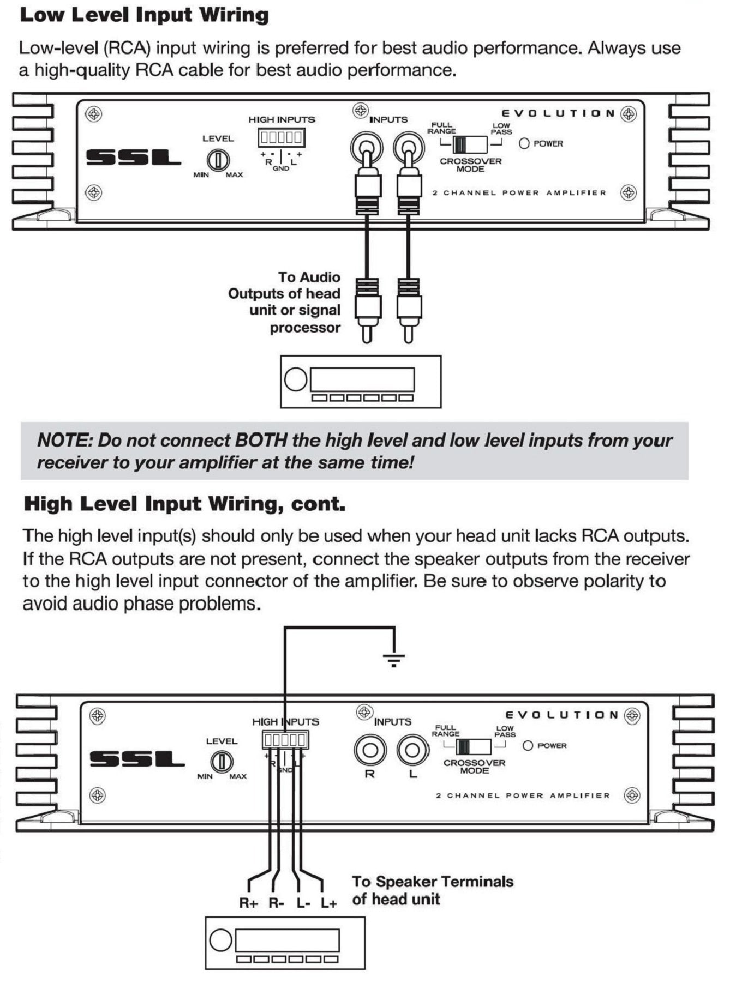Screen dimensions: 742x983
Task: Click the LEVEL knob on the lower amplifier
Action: click(x=222, y=762)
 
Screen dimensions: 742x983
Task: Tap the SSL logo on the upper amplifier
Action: click(x=133, y=158)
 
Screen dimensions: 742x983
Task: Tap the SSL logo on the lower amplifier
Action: click(x=137, y=759)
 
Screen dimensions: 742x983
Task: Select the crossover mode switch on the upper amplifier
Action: click(x=470, y=144)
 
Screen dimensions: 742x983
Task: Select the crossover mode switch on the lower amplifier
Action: click(x=474, y=746)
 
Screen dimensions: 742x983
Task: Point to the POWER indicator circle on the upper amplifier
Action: click(x=524, y=143)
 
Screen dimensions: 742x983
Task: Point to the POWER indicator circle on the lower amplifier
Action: click(x=528, y=745)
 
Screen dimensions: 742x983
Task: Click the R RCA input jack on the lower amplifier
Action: click(x=370, y=750)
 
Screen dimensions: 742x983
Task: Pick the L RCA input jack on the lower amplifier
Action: click(x=412, y=750)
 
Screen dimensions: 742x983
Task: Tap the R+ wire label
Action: click(x=248, y=903)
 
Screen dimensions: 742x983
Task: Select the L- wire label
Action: click(x=303, y=903)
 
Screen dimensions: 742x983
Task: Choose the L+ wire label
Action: click(x=328, y=903)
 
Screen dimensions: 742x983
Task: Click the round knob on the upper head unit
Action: click(x=296, y=379)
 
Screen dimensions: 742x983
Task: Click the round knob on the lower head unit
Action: click(x=220, y=940)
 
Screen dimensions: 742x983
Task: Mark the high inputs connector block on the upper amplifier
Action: click(x=282, y=137)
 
